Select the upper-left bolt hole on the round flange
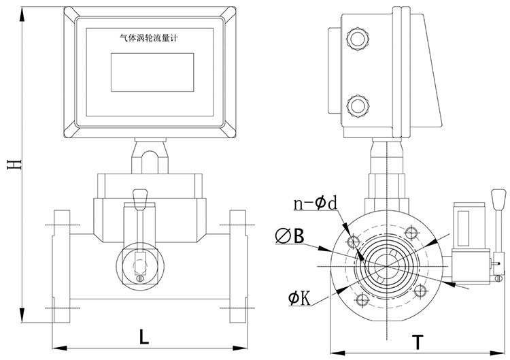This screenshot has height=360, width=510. pyautogui.click(x=352, y=241)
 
